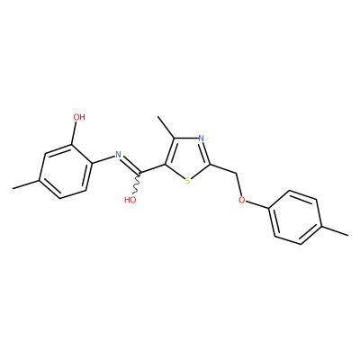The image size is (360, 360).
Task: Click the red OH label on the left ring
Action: coord(79,117)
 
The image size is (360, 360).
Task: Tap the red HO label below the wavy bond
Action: coord(130,200)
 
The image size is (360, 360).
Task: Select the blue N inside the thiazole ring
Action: coord(202,139)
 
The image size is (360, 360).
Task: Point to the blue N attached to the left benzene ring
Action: coord(118,155)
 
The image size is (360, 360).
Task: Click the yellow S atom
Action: coord(187,181)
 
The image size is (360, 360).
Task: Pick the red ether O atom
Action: coord(242,200)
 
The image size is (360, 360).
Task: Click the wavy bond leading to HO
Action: coord(137,184)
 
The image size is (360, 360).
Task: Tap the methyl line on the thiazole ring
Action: coord(166,127)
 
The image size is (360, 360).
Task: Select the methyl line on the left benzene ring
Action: coord(25,184)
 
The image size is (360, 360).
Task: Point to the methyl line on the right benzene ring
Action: coord(335,230)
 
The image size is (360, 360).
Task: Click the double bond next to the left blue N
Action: coord(130,165)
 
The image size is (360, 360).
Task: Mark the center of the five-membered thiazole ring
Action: coord(188,158)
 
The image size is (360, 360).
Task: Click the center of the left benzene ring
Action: coord(66,172)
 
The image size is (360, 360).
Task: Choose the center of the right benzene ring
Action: coord(295,217)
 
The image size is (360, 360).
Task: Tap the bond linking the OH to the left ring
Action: coord(75,133)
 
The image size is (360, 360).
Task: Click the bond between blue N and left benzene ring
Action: coord(103,160)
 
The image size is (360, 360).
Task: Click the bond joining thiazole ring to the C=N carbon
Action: coord(153,169)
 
